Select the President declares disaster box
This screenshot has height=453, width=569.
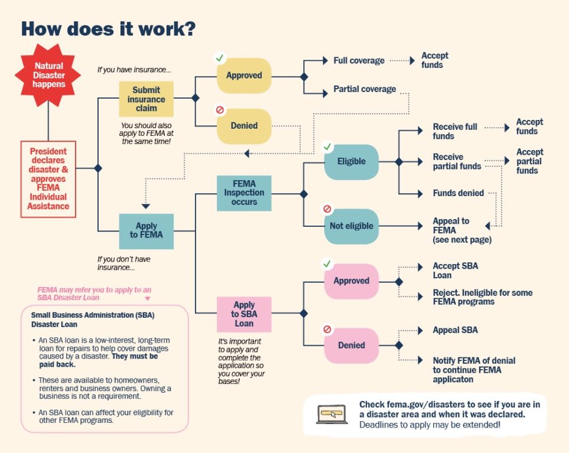point(48,179)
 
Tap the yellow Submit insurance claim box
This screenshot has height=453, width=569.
point(146,99)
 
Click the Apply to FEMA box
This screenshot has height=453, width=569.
point(146,230)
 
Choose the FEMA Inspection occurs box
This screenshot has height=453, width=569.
point(244,193)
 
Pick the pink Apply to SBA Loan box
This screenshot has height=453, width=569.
point(244,315)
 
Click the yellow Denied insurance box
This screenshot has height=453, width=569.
point(244,126)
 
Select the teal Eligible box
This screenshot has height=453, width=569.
point(351,162)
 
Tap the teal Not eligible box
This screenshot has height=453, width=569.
point(351,226)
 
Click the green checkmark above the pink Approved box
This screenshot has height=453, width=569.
point(327,263)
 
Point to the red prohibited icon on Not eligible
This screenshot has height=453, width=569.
point(327,209)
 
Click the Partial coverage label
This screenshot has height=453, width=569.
point(365,89)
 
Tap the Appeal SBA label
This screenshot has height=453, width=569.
point(455,330)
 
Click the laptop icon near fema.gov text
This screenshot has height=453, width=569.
point(332,413)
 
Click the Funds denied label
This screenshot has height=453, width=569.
point(458,193)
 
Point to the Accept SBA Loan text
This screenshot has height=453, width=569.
point(455,271)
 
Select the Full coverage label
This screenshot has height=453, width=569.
point(359,60)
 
